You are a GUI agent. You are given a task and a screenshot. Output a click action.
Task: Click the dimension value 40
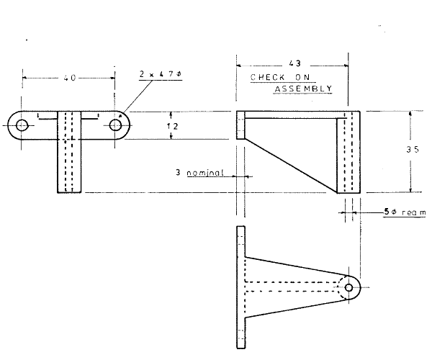click(x=69, y=77)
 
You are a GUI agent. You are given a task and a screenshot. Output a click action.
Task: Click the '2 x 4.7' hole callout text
click(x=160, y=74)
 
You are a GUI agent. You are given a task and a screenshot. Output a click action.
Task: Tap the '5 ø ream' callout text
click(x=402, y=212)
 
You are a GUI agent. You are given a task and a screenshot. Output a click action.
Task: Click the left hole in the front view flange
click(x=22, y=125)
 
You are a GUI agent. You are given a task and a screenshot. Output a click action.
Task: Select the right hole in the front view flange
click(x=115, y=125)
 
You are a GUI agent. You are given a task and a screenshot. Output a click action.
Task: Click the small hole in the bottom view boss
click(x=349, y=287)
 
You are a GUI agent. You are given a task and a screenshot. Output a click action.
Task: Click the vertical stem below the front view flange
click(x=71, y=166)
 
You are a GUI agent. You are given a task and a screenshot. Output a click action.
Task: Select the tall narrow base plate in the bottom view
click(x=241, y=287)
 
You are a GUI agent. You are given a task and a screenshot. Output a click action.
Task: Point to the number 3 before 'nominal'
click(x=178, y=174)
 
